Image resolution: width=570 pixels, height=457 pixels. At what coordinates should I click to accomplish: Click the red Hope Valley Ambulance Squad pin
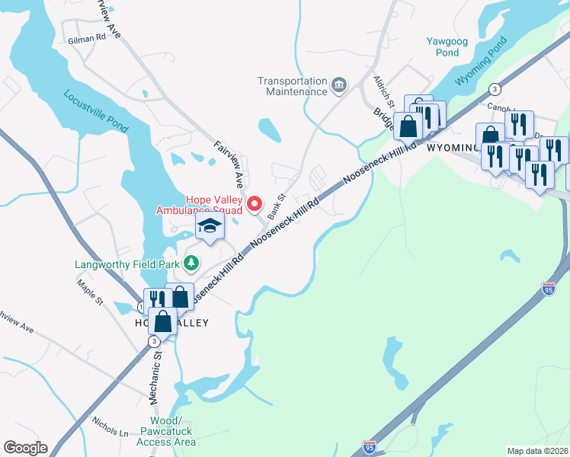click(255, 204)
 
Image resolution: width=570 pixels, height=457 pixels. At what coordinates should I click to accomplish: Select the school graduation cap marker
click(210, 225)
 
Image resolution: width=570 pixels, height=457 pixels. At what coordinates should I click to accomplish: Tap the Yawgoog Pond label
click(442, 47)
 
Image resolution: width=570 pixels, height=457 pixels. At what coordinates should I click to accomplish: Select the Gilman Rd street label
click(86, 39)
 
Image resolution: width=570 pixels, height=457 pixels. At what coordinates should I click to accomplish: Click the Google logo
click(25, 448)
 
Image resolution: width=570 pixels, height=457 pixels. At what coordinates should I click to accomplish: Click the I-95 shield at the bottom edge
click(370, 446)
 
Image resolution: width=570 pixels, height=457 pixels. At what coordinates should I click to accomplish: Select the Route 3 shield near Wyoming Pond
click(495, 88)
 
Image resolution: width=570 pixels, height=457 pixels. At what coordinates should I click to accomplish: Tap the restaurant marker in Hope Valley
click(155, 299)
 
